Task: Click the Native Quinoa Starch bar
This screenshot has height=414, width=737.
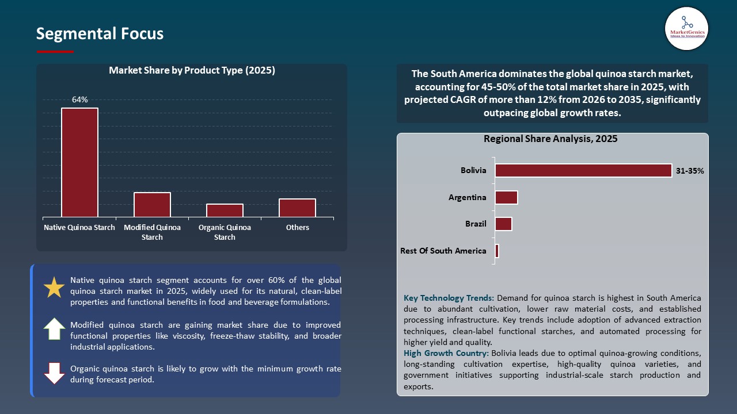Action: pos(79,162)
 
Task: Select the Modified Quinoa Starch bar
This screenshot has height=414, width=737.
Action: pos(152,205)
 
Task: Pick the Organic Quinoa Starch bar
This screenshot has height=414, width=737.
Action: pos(225,210)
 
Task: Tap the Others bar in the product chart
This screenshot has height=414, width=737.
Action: pos(297,208)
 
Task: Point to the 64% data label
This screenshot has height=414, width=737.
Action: pos(79,100)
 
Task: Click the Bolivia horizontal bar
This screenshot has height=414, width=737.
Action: pos(583,170)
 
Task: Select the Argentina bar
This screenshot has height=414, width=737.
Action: pos(506,197)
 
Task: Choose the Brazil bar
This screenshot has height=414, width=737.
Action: pos(503,224)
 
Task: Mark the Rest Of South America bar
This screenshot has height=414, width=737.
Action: pos(497,251)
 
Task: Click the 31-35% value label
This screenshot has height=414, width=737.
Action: pos(690,171)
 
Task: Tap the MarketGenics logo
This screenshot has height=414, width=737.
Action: pos(686,28)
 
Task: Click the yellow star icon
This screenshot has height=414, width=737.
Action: pos(54,287)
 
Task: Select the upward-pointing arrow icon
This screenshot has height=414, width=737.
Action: pos(54,329)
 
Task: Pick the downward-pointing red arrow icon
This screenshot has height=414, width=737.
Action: pos(54,373)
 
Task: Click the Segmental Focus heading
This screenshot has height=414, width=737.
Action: pos(100,34)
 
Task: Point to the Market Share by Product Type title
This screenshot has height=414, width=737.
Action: pos(192,71)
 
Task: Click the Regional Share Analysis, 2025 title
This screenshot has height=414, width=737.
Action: pos(550,139)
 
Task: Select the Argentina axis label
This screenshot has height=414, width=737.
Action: pos(467,197)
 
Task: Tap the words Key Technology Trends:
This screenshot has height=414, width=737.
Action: pos(449,298)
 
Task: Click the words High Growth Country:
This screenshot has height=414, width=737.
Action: pos(446,353)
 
